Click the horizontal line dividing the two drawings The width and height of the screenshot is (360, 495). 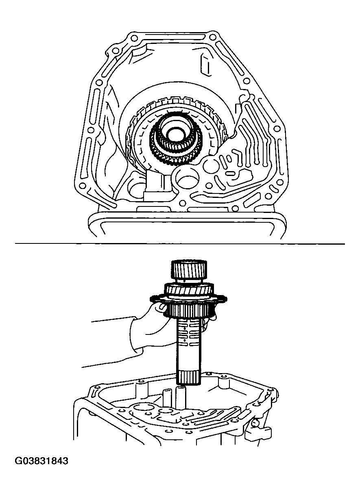click(x=180, y=244)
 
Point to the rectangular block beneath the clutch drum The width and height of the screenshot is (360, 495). click(x=158, y=185)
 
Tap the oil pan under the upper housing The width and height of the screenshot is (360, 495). click(x=187, y=226)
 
